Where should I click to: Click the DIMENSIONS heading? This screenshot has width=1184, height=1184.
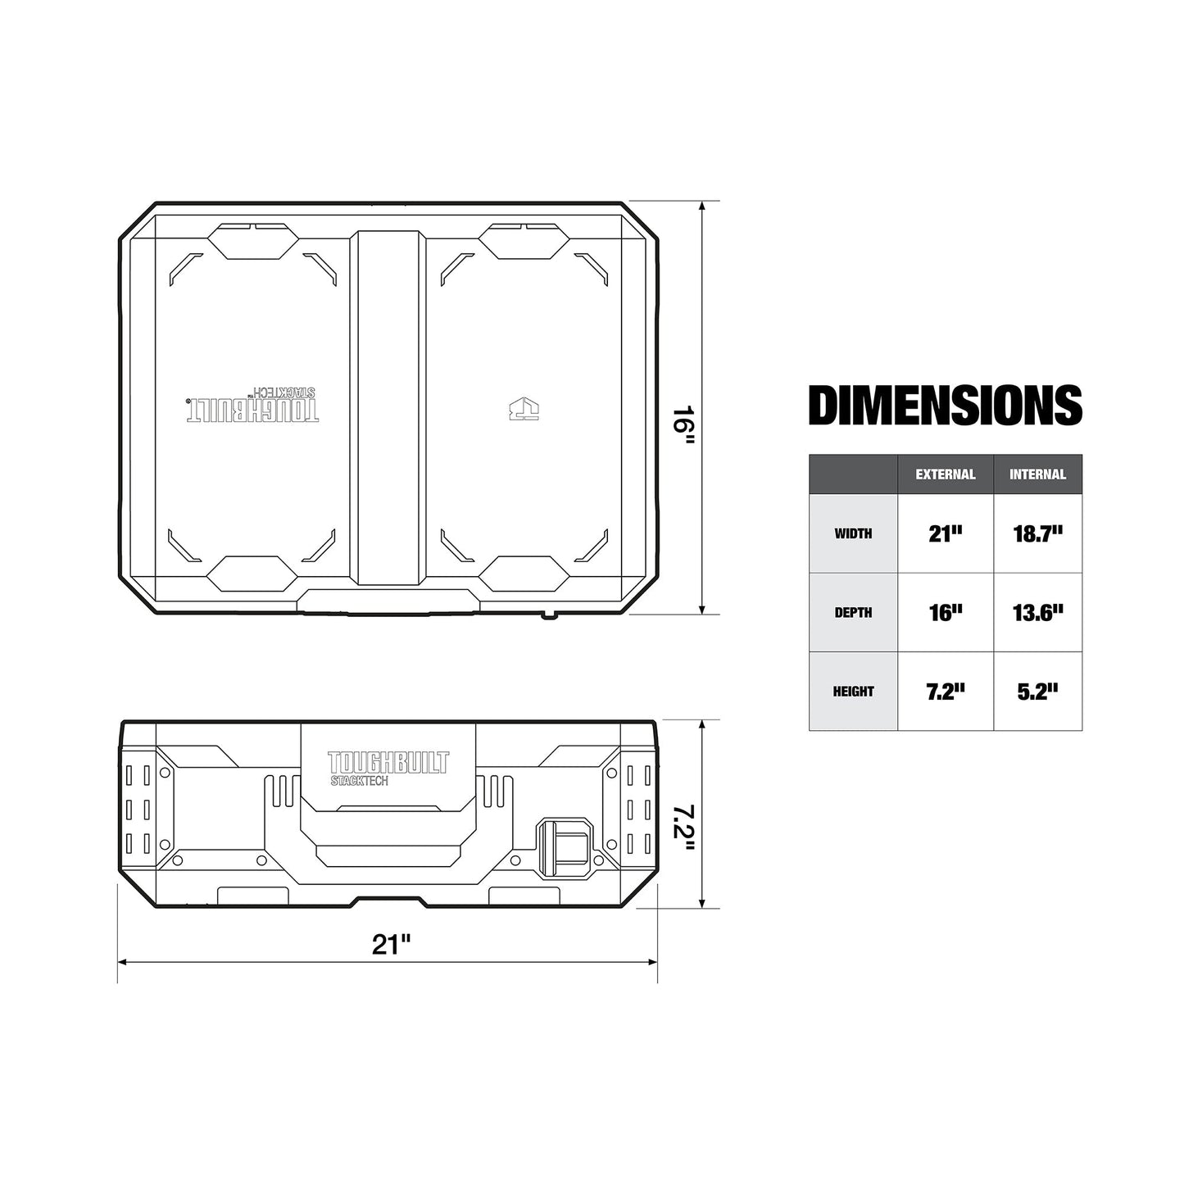coord(945,406)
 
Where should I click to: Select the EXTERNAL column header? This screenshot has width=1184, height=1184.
coord(945,474)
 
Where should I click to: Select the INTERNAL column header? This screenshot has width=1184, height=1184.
coord(1037,474)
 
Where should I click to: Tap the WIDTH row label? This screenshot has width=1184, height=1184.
coord(853,533)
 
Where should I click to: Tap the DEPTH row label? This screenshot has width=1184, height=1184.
coord(853,612)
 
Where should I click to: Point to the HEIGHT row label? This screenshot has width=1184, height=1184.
coord(853,692)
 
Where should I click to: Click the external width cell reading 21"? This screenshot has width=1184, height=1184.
coord(945,533)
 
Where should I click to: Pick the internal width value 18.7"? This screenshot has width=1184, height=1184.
coord(1037,533)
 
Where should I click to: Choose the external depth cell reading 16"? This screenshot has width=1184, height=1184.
coord(945,612)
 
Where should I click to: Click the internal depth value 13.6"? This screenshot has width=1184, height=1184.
coord(1037,612)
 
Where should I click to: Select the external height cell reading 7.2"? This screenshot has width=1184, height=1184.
coord(945,692)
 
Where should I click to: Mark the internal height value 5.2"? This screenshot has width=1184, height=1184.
coord(1037,692)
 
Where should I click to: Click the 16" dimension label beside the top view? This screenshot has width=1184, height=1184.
coord(683,424)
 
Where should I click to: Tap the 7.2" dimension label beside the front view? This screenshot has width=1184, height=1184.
coord(683,828)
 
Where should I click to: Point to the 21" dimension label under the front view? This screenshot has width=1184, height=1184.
coord(391,944)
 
